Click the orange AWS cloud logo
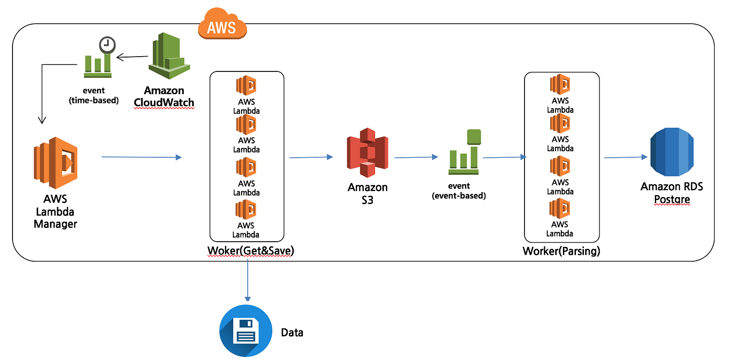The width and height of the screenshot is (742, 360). click(x=222, y=23)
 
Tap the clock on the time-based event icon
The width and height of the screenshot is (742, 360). click(x=107, y=45)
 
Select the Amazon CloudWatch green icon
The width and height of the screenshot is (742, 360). click(x=169, y=56)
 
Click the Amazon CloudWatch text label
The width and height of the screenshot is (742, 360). click(x=164, y=96)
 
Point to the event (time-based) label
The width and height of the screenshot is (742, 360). click(x=94, y=96)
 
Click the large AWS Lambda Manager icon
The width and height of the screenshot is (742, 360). click(x=56, y=163)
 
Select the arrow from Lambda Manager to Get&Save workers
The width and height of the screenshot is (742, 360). click(x=142, y=157)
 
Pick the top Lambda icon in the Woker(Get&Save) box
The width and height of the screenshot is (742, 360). click(x=246, y=85)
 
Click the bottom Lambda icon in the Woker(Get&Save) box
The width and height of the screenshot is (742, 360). click(x=245, y=210)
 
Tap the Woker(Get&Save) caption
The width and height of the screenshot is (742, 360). click(x=251, y=251)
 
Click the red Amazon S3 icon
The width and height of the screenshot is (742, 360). click(x=367, y=153)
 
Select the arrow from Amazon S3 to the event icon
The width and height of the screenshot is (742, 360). click(x=416, y=157)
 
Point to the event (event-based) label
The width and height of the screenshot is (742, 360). click(x=459, y=191)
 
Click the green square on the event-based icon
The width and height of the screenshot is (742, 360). click(x=473, y=137)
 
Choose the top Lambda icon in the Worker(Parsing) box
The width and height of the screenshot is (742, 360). click(x=560, y=84)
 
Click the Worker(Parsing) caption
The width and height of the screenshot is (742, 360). click(x=562, y=251)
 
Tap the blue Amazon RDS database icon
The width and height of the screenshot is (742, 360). click(x=672, y=152)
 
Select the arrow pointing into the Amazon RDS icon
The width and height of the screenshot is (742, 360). click(x=626, y=157)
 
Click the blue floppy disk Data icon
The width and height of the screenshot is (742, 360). click(x=246, y=331)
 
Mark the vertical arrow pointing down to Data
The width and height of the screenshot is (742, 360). click(x=248, y=281)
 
